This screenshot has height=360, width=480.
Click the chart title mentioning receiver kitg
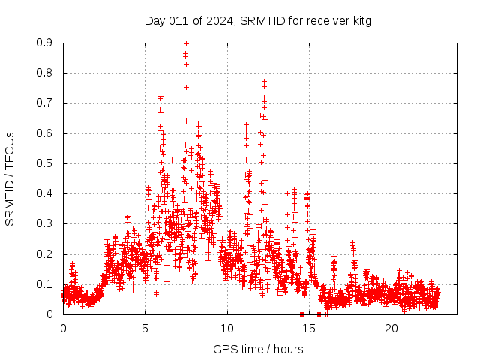pos(258,20)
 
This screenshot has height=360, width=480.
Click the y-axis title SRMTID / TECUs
pos(10,178)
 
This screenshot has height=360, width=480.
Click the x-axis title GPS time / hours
pos(258,349)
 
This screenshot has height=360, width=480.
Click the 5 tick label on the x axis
pos(145,328)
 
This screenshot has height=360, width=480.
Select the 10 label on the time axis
pos(227,328)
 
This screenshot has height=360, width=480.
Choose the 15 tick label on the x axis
pos(310,328)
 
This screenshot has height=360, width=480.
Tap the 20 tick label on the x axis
pos(391,328)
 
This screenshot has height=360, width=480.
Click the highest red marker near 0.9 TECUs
pos(186,43)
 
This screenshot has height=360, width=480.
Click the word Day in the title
pos(155,20)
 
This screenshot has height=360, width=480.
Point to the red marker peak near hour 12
pos(264,81)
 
